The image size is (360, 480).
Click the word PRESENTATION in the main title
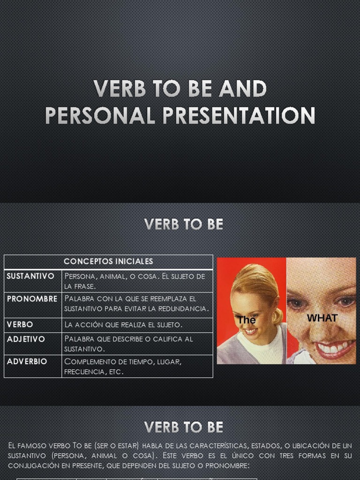(239, 116)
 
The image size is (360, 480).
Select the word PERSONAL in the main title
(100, 116)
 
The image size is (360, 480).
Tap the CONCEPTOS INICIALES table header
(108, 262)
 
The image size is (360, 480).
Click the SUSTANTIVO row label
(30, 276)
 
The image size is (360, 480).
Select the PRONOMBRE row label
(32, 299)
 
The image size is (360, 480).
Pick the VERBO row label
(20, 324)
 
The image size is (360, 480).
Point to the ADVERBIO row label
(27, 361)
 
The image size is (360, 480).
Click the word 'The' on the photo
(247, 320)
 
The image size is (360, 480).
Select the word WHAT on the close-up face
(322, 318)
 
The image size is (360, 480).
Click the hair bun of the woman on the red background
(277, 315)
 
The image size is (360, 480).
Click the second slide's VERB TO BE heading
(184, 225)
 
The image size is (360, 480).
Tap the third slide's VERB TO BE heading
(184, 427)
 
